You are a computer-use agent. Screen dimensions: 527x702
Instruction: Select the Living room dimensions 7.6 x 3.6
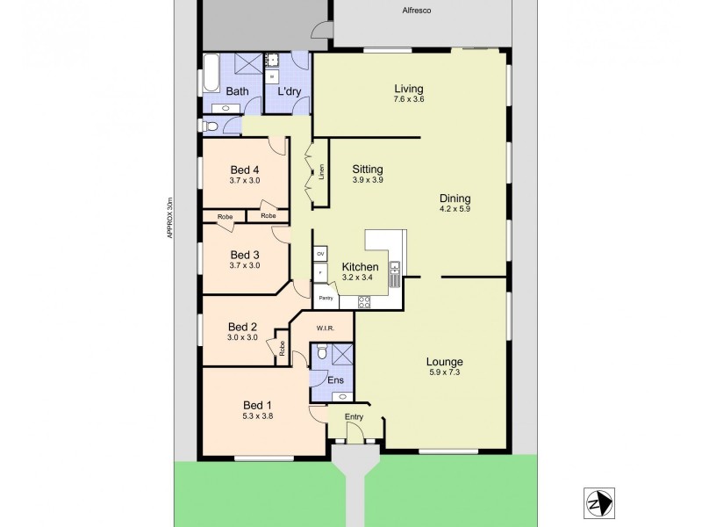409,99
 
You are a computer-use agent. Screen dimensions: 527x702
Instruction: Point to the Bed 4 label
245,170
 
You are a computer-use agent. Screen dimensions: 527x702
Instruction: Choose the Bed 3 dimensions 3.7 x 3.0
245,265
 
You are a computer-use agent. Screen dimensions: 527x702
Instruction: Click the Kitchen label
360,267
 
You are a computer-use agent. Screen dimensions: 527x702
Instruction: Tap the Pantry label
326,298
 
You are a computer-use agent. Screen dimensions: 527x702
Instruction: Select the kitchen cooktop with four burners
364,302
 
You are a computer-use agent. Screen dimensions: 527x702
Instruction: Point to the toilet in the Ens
322,353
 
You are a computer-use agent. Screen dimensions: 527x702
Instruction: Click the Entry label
354,417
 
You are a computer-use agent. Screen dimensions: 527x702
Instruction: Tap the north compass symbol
598,503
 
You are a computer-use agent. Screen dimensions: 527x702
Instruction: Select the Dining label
455,198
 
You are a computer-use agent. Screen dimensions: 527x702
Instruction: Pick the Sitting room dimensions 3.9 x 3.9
368,180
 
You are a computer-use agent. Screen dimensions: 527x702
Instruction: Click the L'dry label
290,91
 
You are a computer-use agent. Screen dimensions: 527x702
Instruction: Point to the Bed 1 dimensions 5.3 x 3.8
258,416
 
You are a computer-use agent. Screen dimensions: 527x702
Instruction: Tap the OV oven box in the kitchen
321,254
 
